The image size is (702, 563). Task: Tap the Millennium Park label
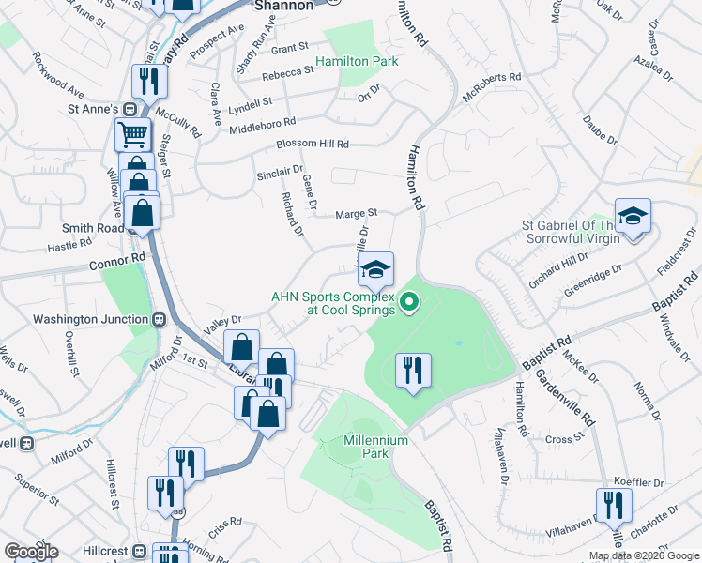pyautogui.click(x=375, y=447)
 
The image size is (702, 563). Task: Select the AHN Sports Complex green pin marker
pyautogui.click(x=408, y=301)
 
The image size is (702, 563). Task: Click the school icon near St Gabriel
pyautogui.click(x=633, y=217)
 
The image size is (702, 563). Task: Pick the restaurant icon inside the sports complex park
pyautogui.click(x=412, y=371)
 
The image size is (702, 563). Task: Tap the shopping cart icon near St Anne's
pyautogui.click(x=133, y=134)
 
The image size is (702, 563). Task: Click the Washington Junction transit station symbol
pyautogui.click(x=160, y=319)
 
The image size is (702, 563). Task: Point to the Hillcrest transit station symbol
pyautogui.click(x=140, y=551)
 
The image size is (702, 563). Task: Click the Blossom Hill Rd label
pyautogui.click(x=313, y=145)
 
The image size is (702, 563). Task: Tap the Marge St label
pyautogui.click(x=357, y=214)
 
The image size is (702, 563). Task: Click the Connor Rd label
pyautogui.click(x=118, y=261)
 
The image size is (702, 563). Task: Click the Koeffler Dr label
pyautogui.click(x=638, y=482)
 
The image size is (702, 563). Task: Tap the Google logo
pyautogui.click(x=30, y=551)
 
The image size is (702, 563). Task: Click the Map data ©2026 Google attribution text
pyautogui.click(x=644, y=555)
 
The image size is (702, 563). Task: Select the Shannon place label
pyautogui.click(x=282, y=6)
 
